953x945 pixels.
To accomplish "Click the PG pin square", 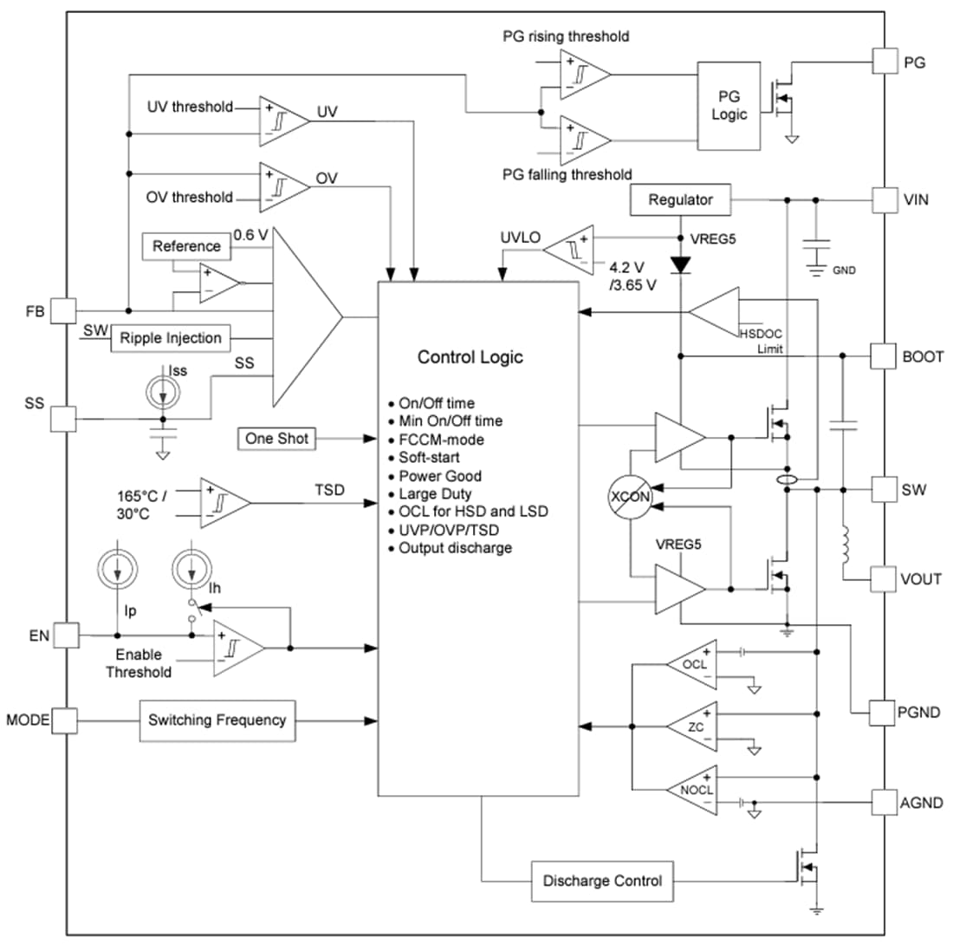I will click(884, 62).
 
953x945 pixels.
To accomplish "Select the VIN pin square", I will click(884, 199).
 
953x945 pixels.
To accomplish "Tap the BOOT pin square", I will click(884, 355).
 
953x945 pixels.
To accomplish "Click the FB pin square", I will click(63, 310).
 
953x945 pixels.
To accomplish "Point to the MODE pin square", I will click(63, 720).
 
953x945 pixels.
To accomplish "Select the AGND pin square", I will click(884, 803).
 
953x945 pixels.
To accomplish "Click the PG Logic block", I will click(729, 105).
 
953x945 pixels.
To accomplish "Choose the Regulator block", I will click(680, 200).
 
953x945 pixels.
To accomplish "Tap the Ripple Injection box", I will click(171, 337).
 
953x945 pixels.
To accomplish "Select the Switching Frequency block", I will click(217, 720).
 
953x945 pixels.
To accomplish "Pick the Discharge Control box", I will click(601, 881).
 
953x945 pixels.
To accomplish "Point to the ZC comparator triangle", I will click(694, 726).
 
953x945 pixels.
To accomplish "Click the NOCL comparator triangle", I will click(694, 787).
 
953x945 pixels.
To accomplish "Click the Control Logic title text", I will click(470, 357).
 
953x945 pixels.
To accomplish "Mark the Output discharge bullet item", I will click(455, 548).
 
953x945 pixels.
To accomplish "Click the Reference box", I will click(185, 246).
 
